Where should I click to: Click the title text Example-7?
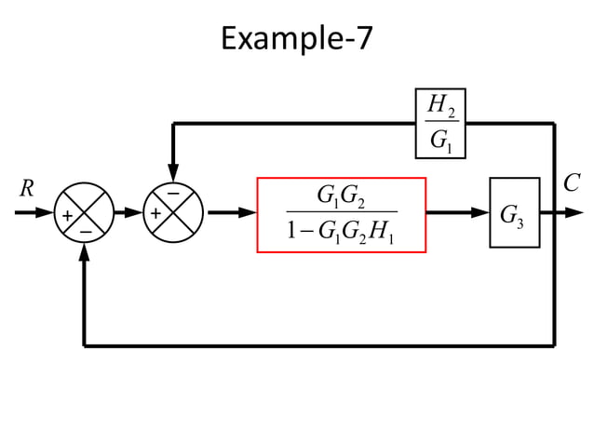297,39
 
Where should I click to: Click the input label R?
27,188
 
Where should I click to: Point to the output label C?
573,183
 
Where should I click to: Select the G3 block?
514,213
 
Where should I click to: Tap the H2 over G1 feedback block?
439,124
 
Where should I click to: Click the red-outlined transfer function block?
342,214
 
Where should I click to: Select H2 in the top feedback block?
439,108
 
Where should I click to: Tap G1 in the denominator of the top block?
439,141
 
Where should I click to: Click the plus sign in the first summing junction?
66,215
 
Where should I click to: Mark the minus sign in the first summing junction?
84,229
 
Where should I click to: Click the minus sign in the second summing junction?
173,194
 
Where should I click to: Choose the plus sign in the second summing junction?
155,215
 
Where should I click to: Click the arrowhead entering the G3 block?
481,213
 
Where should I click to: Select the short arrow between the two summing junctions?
128,213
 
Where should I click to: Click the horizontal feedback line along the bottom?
317,345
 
